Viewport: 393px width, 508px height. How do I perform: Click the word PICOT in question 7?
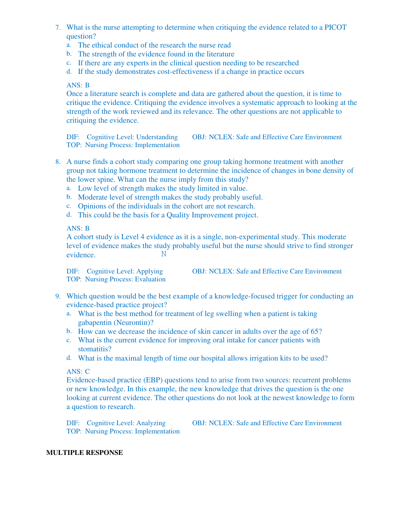(336, 27)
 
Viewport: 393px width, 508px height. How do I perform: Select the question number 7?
(58, 27)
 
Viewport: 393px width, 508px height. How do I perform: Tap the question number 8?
(58, 162)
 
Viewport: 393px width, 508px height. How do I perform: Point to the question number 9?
(58, 296)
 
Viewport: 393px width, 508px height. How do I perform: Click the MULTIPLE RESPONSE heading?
(85, 453)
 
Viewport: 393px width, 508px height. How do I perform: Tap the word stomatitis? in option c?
(95, 349)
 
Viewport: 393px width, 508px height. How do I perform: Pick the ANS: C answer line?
(78, 371)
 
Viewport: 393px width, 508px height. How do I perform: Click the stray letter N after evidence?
(164, 254)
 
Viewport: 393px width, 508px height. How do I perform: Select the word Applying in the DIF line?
(150, 271)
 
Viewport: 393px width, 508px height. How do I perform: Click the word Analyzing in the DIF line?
(151, 423)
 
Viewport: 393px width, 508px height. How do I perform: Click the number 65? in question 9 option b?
(316, 332)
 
